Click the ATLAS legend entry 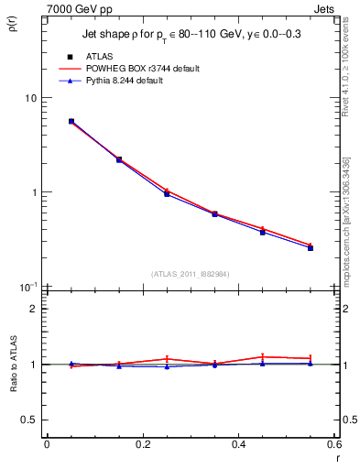coord(103,57)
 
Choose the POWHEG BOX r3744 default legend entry coord(141,69)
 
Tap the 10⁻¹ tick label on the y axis coord(27,287)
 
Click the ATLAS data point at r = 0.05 coord(71,121)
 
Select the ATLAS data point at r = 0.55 coord(311,247)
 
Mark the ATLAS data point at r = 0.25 coord(167,193)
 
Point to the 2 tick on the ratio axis coord(32,309)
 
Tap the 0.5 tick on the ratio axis coord(28,420)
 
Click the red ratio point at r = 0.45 coord(263,356)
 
